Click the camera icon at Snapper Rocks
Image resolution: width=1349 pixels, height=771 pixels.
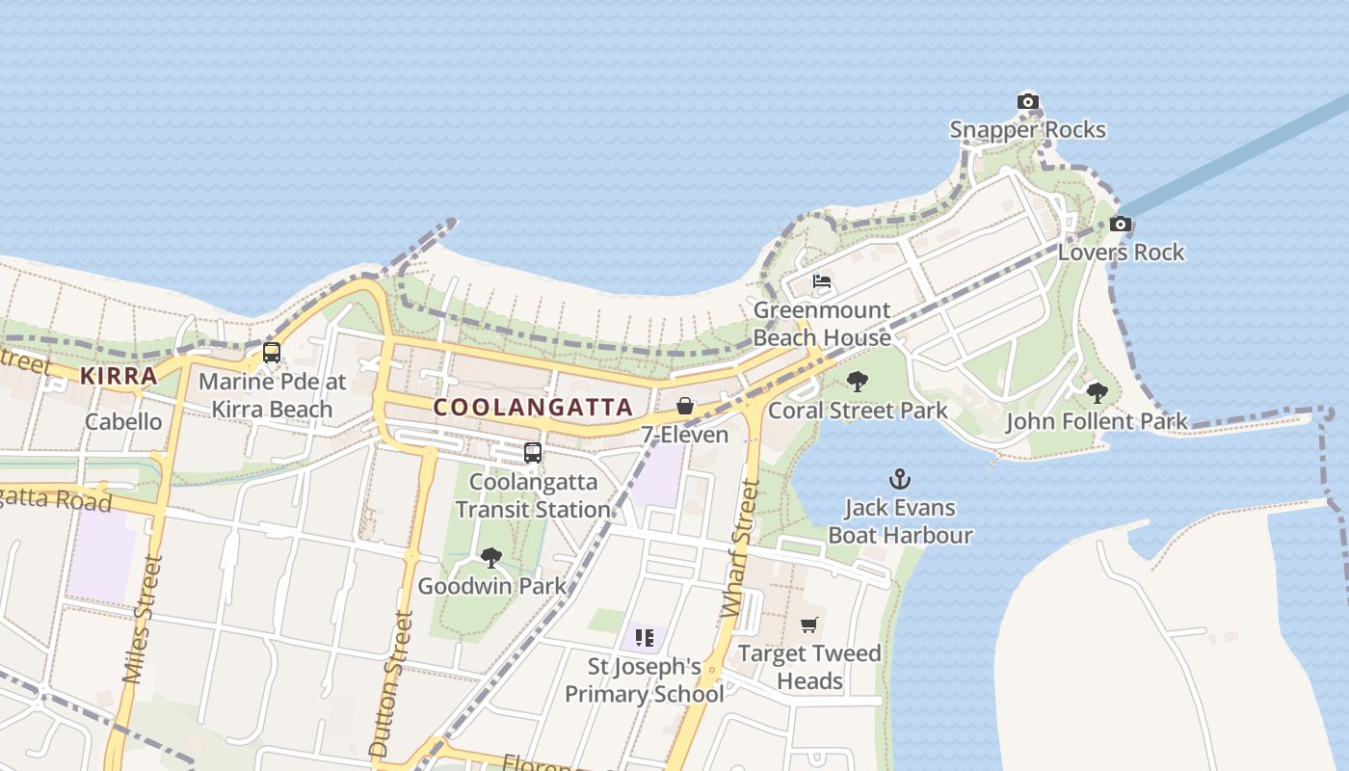[x=1028, y=101]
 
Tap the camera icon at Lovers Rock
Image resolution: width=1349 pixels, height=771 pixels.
[x=1120, y=225]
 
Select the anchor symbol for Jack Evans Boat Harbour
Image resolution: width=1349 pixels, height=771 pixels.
[x=900, y=479]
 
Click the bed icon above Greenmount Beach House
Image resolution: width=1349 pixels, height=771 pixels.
[x=822, y=282]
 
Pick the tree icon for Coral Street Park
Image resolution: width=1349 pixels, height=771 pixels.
[x=858, y=382]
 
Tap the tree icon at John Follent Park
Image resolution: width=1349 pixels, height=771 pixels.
[x=1097, y=392]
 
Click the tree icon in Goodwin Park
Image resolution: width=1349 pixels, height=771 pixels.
[x=491, y=557]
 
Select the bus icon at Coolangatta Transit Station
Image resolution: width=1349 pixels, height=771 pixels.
[x=532, y=452]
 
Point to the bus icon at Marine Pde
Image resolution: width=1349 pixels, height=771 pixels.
[x=272, y=353]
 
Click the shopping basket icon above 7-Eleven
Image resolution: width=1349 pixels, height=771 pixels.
[x=685, y=406]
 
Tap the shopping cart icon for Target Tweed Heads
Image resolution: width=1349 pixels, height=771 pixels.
[x=809, y=625]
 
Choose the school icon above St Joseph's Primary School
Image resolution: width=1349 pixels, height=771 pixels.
[x=645, y=637]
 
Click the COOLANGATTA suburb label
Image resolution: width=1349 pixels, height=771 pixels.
[x=533, y=408]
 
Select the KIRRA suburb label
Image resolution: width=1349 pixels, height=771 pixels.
[x=119, y=376]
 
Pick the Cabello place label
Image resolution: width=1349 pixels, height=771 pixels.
[x=123, y=422]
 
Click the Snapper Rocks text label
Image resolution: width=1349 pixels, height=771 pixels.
[x=1028, y=130]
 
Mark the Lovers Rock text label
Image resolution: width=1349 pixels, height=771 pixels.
[x=1121, y=253]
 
